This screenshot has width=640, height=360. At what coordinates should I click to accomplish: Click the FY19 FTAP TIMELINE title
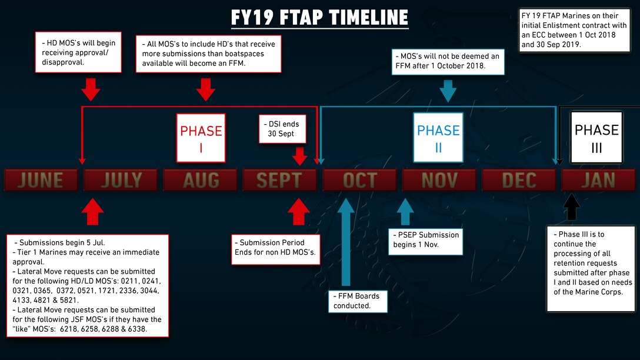click(x=319, y=18)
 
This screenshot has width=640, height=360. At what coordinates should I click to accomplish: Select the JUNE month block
click(x=41, y=180)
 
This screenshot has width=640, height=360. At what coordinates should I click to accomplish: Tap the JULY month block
click(x=121, y=180)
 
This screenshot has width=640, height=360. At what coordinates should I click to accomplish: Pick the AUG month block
click(x=201, y=180)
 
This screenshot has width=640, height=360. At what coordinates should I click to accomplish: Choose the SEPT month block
click(x=280, y=180)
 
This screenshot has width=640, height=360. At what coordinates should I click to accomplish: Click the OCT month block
click(x=359, y=180)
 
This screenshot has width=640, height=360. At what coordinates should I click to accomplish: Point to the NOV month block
click(x=439, y=180)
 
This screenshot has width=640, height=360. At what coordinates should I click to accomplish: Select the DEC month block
click(x=519, y=180)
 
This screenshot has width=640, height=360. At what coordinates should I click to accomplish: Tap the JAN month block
click(x=598, y=180)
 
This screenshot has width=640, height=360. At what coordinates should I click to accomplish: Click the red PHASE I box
click(x=201, y=138)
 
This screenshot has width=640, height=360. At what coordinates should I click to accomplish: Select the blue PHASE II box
click(x=438, y=138)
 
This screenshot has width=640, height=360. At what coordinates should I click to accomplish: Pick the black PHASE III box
click(x=596, y=138)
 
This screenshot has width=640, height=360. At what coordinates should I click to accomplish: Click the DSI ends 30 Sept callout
click(x=282, y=129)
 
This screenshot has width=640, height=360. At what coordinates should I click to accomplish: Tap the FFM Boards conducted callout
click(x=358, y=301)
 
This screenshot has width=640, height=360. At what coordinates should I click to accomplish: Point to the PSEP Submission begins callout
click(x=425, y=240)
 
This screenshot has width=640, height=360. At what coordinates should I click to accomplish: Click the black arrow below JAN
click(x=571, y=206)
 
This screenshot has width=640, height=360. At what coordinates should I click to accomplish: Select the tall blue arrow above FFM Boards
click(x=346, y=242)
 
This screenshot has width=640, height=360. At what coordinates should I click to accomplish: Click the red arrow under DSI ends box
click(x=300, y=156)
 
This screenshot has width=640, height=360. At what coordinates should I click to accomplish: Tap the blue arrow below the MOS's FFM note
click(x=448, y=91)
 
